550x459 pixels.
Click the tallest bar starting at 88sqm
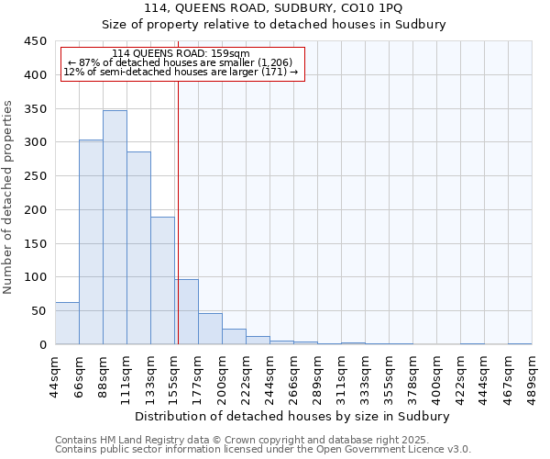[115, 228]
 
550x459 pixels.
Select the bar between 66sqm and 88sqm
[91, 242]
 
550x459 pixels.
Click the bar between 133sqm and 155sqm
[162, 281]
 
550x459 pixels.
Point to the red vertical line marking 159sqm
[178, 211]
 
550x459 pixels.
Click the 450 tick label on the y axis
[35, 41]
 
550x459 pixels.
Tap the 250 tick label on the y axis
[35, 176]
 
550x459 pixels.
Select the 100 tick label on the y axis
[35, 277]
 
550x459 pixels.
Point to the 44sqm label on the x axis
[55, 375]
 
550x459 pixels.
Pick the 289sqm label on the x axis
[317, 375]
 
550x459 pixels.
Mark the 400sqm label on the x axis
[436, 375]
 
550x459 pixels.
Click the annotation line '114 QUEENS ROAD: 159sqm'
[180, 53]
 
